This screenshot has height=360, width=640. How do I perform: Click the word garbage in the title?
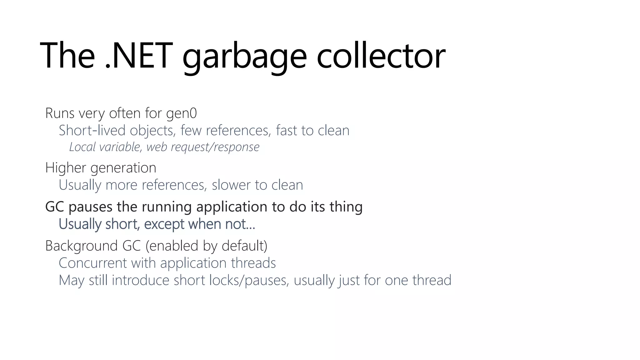(x=244, y=56)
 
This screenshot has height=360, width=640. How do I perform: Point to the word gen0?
(x=181, y=113)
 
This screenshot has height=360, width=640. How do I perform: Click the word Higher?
(x=66, y=168)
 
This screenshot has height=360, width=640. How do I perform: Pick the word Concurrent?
(x=93, y=263)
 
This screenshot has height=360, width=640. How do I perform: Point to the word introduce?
(x=141, y=280)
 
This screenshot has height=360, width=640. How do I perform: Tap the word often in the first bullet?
(x=125, y=113)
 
